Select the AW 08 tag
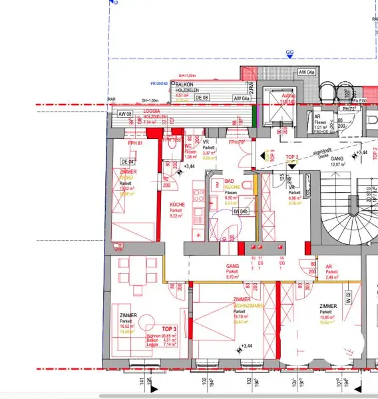coord(124,114)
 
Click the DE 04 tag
coord(127,162)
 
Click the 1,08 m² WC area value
coord(190,157)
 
